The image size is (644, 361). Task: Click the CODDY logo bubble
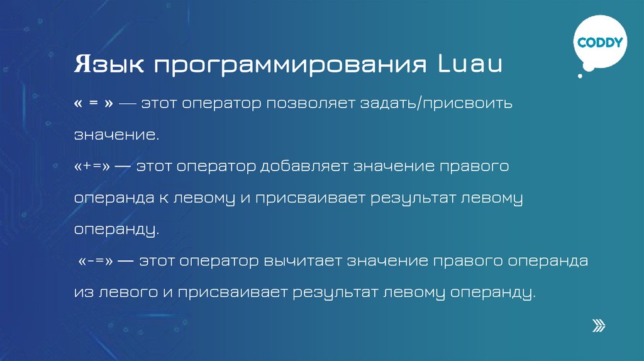click(x=599, y=43)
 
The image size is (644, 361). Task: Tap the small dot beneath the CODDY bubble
click(x=580, y=75)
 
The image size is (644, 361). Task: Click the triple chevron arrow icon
click(x=599, y=325)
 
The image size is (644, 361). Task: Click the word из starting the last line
click(x=83, y=292)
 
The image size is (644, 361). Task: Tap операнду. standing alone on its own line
click(x=116, y=230)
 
